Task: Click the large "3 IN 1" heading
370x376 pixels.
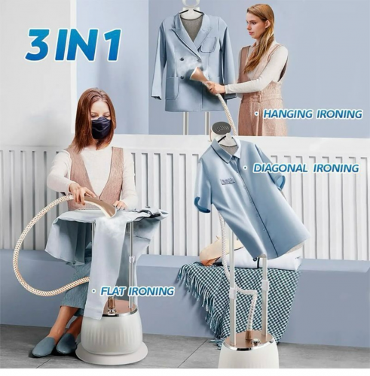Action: click(x=73, y=45)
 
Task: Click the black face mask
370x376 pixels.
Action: click(x=100, y=127)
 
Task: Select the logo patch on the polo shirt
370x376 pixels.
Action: click(x=228, y=180)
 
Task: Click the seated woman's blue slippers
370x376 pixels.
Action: click(x=54, y=344)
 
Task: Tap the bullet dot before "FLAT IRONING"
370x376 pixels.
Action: click(x=94, y=291)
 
